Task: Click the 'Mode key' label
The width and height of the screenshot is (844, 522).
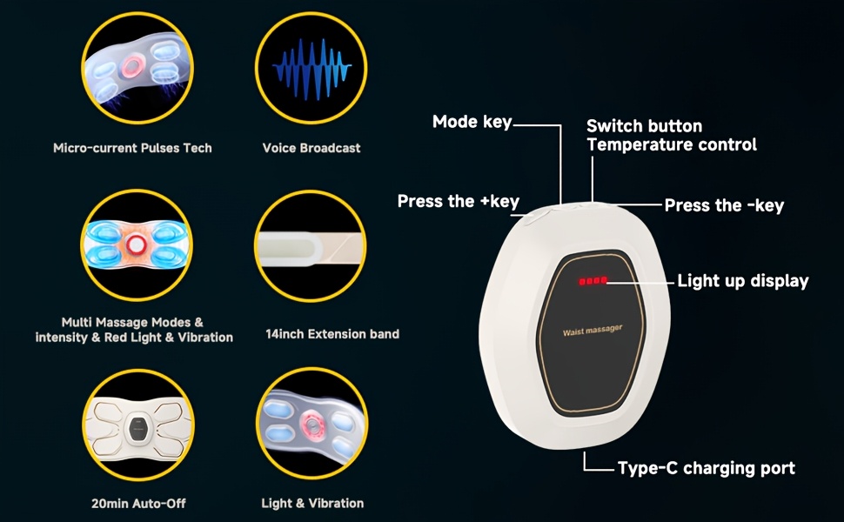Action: (x=472, y=122)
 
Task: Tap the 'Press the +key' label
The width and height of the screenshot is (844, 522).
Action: (x=458, y=201)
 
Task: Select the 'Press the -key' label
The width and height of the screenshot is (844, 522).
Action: (x=724, y=205)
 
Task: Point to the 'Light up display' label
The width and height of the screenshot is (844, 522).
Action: (x=743, y=281)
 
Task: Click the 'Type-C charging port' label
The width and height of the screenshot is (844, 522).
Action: (x=707, y=468)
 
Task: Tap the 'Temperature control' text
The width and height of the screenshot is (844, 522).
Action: (x=672, y=144)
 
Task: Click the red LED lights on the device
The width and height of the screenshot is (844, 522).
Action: (x=593, y=281)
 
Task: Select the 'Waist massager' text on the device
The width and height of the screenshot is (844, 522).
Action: (x=593, y=330)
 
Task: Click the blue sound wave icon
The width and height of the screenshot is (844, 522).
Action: (x=311, y=69)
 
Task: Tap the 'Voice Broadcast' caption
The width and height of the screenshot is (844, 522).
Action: (x=311, y=148)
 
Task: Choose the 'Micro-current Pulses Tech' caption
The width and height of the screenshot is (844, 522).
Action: (x=132, y=148)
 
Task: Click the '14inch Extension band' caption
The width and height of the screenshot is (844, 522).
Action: (x=332, y=334)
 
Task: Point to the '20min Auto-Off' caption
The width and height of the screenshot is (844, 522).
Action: (x=138, y=504)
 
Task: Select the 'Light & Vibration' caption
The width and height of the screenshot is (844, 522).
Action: (x=312, y=504)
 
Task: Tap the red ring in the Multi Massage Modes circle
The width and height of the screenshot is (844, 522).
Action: (x=136, y=245)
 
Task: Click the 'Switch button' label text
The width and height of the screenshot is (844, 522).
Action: (x=644, y=126)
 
